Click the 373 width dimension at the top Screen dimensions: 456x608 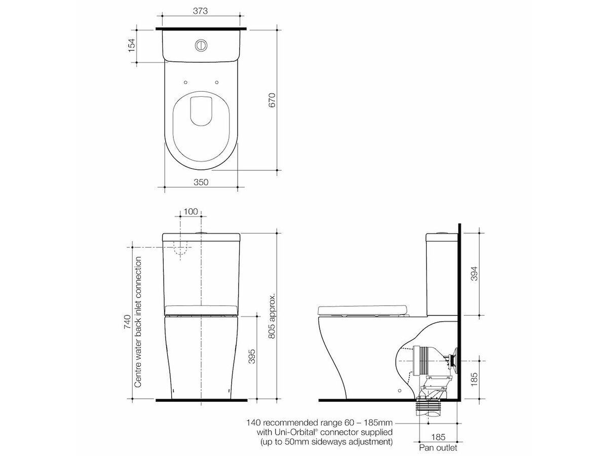pos(201,11)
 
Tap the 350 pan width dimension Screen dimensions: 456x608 pos(201,182)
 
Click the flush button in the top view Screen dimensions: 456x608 pos(201,45)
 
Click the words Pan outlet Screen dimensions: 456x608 pos(438,447)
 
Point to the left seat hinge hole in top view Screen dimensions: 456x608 pos(186,82)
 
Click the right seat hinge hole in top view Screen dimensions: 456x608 pos(216,82)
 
